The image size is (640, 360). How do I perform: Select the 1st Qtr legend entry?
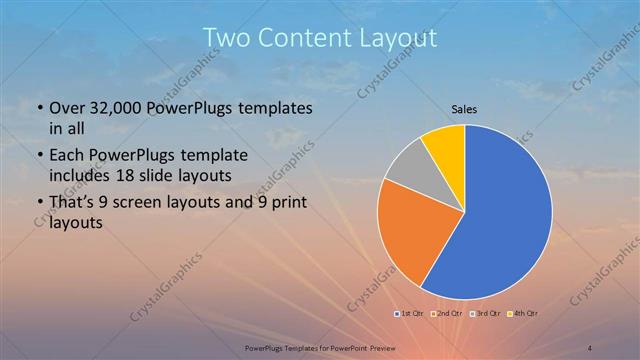coord(409,314)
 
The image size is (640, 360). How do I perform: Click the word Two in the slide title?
coord(225,39)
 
